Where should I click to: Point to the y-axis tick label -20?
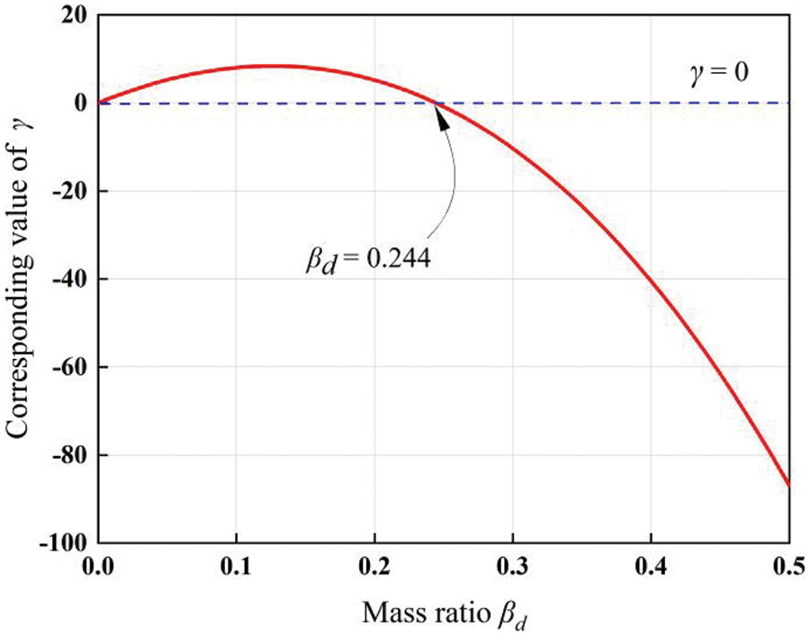(67, 192)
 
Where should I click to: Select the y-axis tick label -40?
(67, 280)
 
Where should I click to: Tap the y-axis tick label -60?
(67, 368)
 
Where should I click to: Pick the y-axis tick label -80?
(67, 456)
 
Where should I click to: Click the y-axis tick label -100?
(62, 544)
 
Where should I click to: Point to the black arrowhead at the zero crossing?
(440, 115)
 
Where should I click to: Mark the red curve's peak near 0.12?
(270, 66)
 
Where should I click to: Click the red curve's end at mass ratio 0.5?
(788, 485)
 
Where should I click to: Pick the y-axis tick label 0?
(78, 103)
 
